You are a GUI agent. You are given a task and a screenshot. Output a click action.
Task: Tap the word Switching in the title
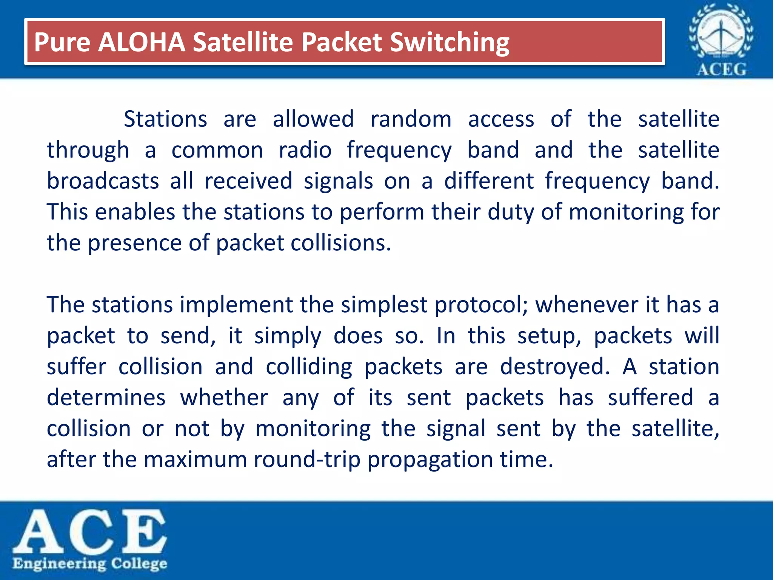pyautogui.click(x=450, y=42)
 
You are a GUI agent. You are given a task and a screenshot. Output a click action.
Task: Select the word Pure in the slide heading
pyautogui.click(x=62, y=42)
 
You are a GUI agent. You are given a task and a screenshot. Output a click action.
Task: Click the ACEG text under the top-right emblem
pyautogui.click(x=721, y=69)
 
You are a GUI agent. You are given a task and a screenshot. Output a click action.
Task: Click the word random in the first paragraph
pyautogui.click(x=411, y=119)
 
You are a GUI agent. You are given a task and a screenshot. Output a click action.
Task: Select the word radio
pyautogui.click(x=305, y=150)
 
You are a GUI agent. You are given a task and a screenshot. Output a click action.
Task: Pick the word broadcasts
pyautogui.click(x=103, y=181)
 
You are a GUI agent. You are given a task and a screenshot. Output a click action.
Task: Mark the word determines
pyautogui.click(x=106, y=398)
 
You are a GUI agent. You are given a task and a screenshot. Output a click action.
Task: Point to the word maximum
pyautogui.click(x=195, y=460)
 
